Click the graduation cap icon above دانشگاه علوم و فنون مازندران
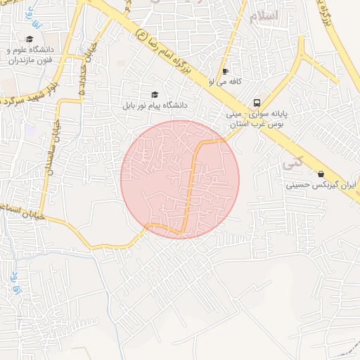tap(30, 39)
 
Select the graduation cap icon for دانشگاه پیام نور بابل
tap(155, 95)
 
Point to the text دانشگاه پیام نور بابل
tap(156, 105)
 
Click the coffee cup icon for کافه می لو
tap(225, 71)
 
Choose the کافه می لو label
tap(225, 82)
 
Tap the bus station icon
tap(257, 101)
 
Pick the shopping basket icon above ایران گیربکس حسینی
tap(321, 174)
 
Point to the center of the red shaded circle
tap(180, 179)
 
